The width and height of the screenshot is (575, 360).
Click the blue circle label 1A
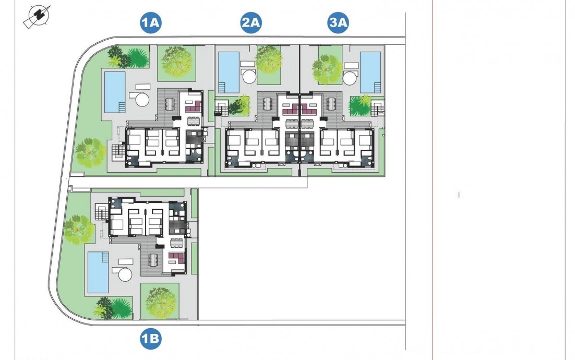[x=150, y=23]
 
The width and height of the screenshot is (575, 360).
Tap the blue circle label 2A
[x=251, y=23]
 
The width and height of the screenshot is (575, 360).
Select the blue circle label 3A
[x=338, y=23]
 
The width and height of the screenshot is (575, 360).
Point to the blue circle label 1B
[x=150, y=340]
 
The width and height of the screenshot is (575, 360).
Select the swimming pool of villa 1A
[x=115, y=92]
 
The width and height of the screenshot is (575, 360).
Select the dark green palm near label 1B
[x=121, y=308]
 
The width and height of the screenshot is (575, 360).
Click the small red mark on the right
[x=459, y=195]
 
